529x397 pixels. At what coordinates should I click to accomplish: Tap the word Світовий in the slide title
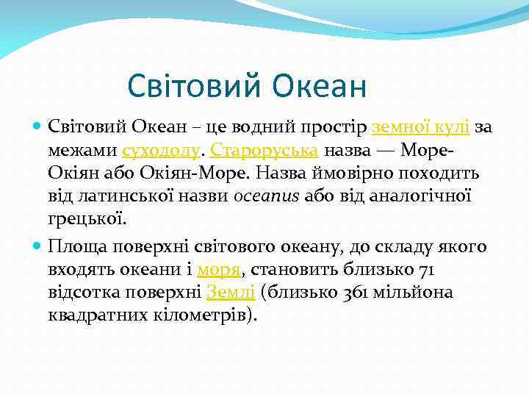195,86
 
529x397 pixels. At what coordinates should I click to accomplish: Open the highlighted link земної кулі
421,127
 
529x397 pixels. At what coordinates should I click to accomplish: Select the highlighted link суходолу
160,151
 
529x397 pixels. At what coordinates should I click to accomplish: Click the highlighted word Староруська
264,151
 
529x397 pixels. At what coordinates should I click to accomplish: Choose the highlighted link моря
218,269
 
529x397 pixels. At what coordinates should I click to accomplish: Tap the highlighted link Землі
231,293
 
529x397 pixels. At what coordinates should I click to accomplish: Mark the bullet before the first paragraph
37,127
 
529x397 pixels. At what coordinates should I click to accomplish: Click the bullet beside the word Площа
37,246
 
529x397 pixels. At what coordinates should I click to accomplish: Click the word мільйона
415,293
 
